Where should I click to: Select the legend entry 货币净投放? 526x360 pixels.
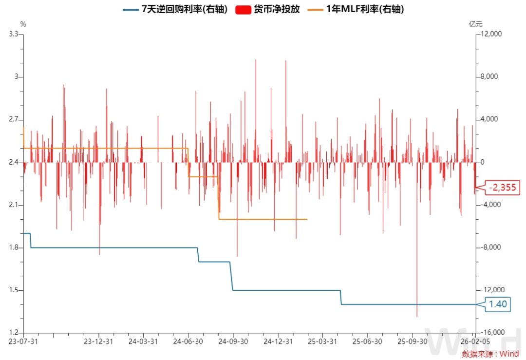273,9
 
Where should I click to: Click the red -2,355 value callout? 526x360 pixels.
498,188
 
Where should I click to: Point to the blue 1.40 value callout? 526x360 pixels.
498,304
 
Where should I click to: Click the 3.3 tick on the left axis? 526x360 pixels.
13,34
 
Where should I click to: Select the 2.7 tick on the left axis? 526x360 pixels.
13,119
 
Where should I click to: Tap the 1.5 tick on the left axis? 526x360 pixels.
13,290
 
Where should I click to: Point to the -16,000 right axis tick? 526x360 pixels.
490,333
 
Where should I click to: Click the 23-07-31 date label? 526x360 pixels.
23,341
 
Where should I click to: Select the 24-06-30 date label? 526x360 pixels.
188,341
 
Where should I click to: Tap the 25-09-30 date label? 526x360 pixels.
412,341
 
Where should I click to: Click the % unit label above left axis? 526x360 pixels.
23,23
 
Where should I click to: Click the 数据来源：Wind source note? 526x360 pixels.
490,354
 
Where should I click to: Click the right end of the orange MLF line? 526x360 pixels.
307,219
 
